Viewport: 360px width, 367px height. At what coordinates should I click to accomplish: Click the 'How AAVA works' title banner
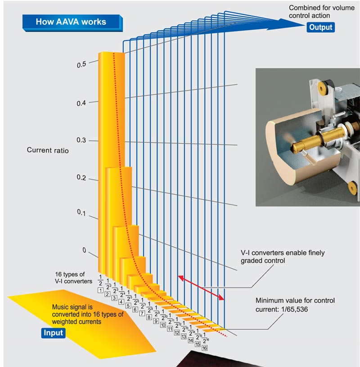point(72,22)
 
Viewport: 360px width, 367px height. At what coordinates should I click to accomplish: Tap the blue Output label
point(320,27)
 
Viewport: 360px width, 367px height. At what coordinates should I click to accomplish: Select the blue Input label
point(54,333)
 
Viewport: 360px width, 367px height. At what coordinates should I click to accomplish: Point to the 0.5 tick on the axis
point(81,64)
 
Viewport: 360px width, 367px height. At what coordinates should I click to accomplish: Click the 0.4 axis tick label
point(81,103)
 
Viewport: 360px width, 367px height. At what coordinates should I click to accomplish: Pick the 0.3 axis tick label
point(81,141)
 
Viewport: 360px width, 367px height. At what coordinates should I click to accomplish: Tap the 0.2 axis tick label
point(81,179)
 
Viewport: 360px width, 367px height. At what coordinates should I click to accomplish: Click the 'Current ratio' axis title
point(48,150)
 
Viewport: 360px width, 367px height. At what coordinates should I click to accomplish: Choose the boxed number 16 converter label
point(205,348)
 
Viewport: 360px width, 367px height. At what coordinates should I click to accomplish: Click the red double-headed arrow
point(202,288)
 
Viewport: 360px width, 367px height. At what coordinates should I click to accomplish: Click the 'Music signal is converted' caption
point(87,314)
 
